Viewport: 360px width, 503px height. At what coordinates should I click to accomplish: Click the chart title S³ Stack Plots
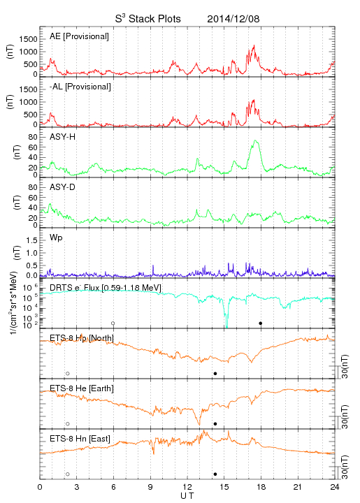[x=148, y=19]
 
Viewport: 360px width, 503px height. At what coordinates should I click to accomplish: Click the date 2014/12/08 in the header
[x=233, y=19]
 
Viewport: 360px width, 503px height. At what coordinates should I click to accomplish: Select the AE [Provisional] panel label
[x=79, y=36]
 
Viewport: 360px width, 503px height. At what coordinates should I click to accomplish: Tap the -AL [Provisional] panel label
[x=80, y=87]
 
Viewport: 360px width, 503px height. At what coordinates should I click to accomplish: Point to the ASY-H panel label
[x=63, y=137]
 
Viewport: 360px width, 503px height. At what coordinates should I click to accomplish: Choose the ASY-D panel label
[x=63, y=187]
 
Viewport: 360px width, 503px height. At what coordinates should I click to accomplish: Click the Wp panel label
[x=56, y=238]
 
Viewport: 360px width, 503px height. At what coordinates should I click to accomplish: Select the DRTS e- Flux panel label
[x=106, y=287]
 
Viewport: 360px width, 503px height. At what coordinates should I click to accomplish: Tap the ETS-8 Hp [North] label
[x=82, y=338]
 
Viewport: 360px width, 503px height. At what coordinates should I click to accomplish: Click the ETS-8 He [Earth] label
[x=82, y=388]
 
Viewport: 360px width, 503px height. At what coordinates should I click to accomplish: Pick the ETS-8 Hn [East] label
[x=80, y=439]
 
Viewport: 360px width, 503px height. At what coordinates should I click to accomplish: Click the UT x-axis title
[x=187, y=495]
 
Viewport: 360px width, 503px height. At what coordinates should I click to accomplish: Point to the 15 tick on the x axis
[x=224, y=487]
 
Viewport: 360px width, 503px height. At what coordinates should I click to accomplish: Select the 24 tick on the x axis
[x=335, y=487]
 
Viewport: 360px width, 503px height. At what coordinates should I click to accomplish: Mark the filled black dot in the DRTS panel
[x=261, y=323]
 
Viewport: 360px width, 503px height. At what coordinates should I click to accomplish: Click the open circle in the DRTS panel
[x=113, y=323]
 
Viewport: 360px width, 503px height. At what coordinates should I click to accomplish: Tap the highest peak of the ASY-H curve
[x=255, y=140]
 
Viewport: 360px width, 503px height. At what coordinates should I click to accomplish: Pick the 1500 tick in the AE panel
[x=28, y=39]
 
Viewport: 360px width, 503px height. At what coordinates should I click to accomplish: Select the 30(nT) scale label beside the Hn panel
[x=345, y=467]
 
